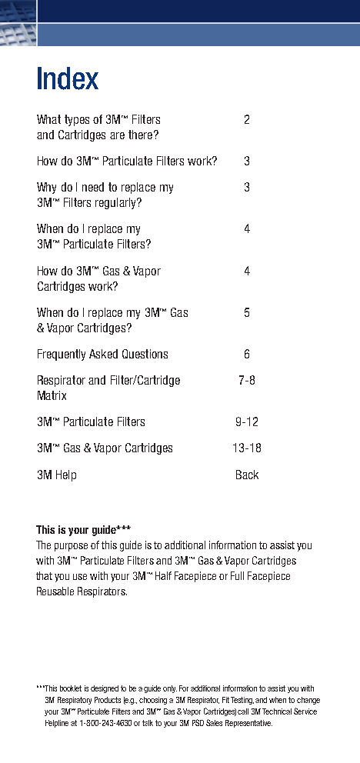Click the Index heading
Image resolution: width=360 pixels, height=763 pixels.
pyautogui.click(x=68, y=79)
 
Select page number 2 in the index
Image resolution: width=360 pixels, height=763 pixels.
pyautogui.click(x=247, y=120)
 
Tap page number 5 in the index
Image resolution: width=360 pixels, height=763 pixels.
pyautogui.click(x=247, y=312)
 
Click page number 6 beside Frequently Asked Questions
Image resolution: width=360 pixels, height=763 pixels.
pyautogui.click(x=247, y=355)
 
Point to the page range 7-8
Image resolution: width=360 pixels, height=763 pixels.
pyautogui.click(x=247, y=380)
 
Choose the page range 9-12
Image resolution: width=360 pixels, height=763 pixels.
pyautogui.click(x=247, y=422)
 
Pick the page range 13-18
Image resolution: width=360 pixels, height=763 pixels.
pyautogui.click(x=247, y=448)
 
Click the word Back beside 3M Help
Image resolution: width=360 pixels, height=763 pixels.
pyautogui.click(x=247, y=475)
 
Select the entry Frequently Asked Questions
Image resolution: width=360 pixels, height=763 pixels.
pyautogui.click(x=102, y=355)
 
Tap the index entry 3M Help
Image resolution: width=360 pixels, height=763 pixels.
pyautogui.click(x=57, y=475)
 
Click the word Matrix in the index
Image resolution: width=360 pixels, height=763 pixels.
pyautogui.click(x=52, y=396)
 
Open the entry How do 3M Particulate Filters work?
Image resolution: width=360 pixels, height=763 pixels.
pyautogui.click(x=127, y=162)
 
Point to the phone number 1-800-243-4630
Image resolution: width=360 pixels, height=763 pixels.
pyautogui.click(x=105, y=724)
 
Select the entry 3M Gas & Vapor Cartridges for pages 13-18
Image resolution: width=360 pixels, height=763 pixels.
pyautogui.click(x=105, y=448)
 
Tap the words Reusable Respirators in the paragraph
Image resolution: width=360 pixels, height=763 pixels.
pyautogui.click(x=81, y=592)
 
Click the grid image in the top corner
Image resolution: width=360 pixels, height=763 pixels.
pyautogui.click(x=18, y=22)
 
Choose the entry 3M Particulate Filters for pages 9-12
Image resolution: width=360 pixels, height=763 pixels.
pyautogui.click(x=91, y=422)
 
